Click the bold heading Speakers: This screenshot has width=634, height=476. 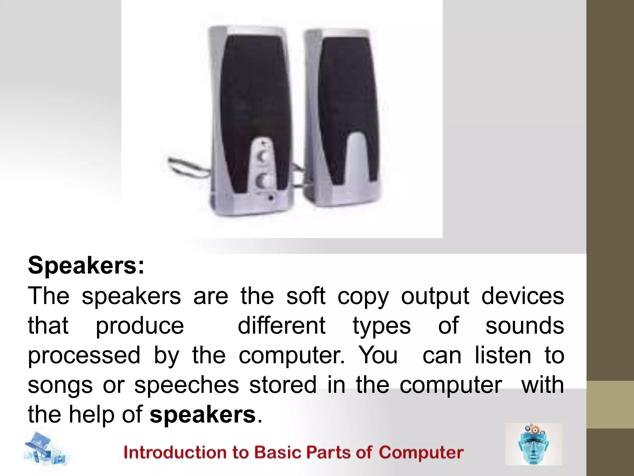86,266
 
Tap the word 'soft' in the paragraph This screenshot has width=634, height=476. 306,296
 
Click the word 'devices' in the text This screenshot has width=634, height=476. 523,296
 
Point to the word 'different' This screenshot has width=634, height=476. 281,326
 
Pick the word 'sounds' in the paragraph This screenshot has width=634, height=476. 525,326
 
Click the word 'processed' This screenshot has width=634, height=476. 84,355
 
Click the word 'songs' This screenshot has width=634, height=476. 60,385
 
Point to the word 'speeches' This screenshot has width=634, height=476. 187,385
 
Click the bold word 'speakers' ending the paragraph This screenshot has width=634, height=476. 203,414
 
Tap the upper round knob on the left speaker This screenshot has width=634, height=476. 263,157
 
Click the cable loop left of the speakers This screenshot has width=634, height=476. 183,167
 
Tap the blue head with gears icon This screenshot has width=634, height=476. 533,444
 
